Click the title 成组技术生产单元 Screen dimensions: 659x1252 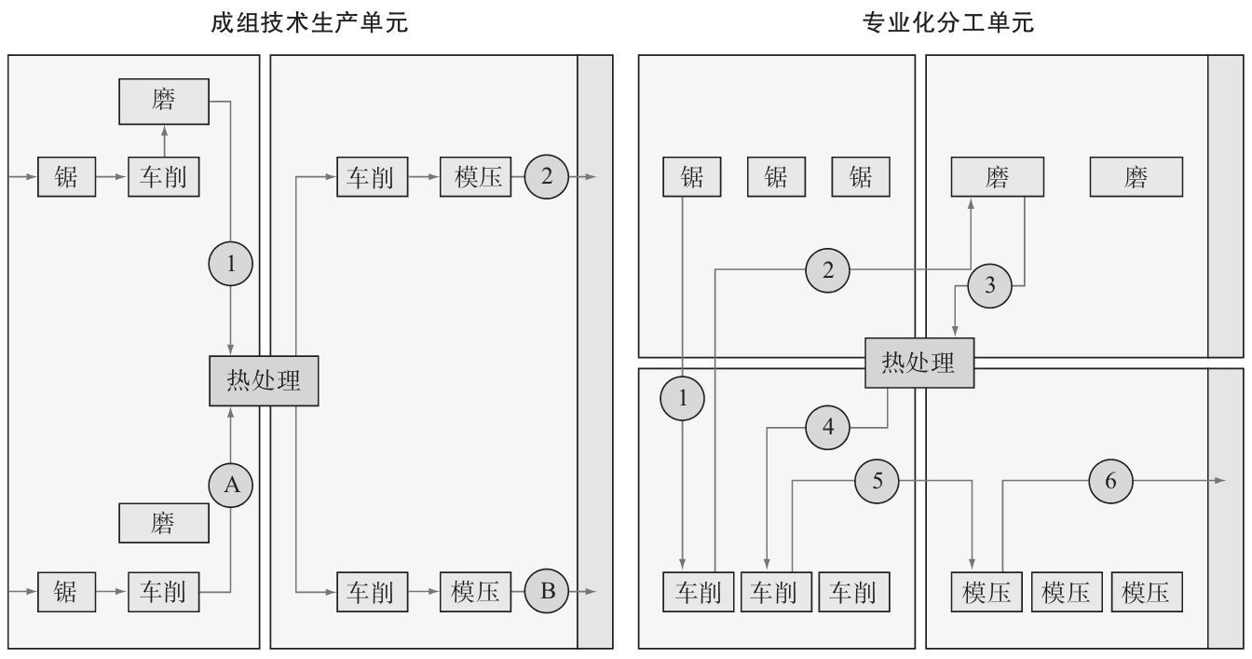tap(310, 23)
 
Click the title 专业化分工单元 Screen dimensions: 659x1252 tap(948, 23)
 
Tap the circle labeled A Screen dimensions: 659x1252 tap(231, 485)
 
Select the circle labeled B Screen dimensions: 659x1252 tap(548, 590)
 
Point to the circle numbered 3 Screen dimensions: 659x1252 tap(989, 286)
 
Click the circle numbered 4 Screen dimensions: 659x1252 tap(829, 429)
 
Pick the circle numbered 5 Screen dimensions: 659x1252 tap(878, 481)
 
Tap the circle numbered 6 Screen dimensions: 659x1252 tap(1110, 481)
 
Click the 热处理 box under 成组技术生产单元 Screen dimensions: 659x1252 tap(264, 381)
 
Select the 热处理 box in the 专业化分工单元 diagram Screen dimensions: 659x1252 tap(919, 363)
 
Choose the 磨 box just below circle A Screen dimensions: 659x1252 tap(164, 523)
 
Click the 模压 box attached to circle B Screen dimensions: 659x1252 tap(476, 591)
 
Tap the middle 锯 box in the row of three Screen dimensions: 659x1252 tap(776, 177)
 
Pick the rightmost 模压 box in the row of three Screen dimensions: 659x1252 tap(1147, 592)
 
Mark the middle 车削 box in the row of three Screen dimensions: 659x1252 tap(775, 592)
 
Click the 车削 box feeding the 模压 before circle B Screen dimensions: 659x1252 tap(371, 591)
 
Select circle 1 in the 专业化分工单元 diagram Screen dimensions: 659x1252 tap(683, 399)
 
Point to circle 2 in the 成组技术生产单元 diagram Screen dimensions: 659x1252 tap(547, 177)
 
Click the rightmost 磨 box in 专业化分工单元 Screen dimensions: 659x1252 tap(1136, 177)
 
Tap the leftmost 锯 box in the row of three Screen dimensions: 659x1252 tap(691, 177)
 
